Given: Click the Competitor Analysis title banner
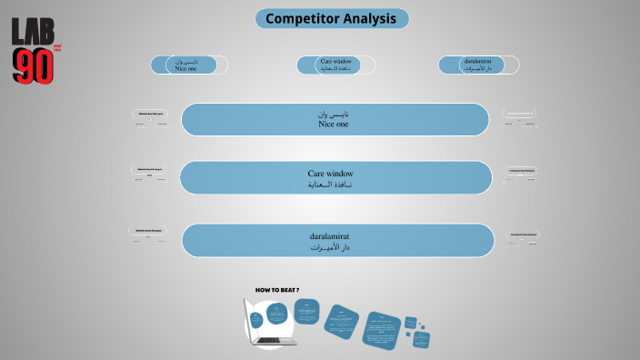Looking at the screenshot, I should point(332,18).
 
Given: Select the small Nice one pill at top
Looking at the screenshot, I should point(189,65).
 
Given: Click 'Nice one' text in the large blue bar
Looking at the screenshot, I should point(334,125).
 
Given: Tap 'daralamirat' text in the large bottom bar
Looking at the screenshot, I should point(330,235).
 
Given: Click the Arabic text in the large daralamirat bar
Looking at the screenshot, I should point(330,247).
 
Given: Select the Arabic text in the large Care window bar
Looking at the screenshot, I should point(330,185).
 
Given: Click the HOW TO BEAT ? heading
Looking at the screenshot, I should point(277,290).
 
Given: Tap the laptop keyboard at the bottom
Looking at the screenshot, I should point(270,341).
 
